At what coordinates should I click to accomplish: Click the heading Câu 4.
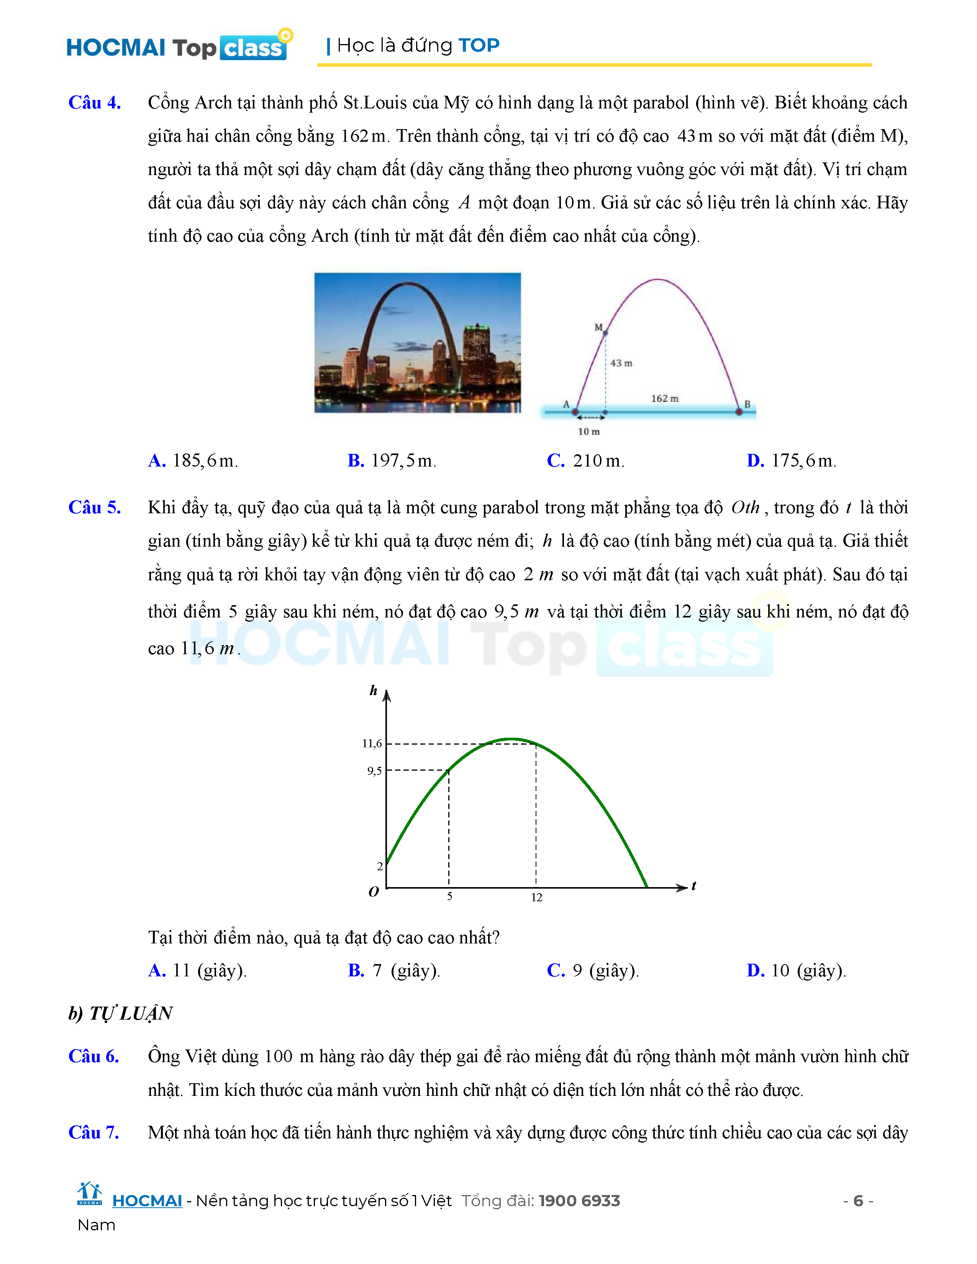click(94, 102)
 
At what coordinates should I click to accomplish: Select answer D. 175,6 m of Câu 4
click(791, 461)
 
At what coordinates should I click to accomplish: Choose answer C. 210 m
click(585, 461)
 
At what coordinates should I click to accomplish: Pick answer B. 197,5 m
click(391, 461)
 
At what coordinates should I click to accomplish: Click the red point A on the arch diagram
click(575, 412)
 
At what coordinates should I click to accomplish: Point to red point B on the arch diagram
click(739, 412)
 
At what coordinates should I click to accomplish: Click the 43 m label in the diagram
click(621, 363)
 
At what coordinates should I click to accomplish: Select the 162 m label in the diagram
click(664, 399)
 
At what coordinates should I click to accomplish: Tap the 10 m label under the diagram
click(588, 432)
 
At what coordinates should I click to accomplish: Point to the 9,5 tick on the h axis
click(374, 771)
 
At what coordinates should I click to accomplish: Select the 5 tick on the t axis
click(449, 897)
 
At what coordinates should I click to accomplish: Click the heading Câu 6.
click(94, 1056)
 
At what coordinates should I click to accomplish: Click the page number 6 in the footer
click(858, 1201)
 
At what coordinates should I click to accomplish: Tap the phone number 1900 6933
click(579, 1201)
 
